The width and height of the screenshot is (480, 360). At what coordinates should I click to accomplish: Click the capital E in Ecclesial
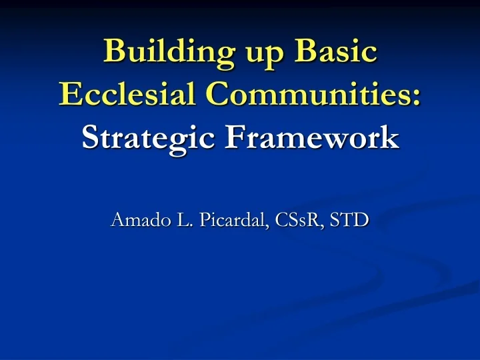[68, 94]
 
